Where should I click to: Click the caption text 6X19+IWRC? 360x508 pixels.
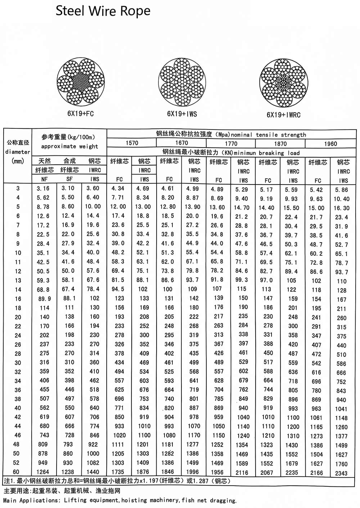[x=283, y=115]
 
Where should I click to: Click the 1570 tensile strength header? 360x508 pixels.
[x=132, y=143]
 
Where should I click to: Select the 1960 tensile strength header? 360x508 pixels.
[x=330, y=144]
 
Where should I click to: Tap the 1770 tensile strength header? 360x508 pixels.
[x=231, y=144]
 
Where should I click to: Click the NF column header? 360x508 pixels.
[x=44, y=179]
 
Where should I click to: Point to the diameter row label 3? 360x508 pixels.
[x=18, y=188]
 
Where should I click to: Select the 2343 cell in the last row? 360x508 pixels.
[x=341, y=473]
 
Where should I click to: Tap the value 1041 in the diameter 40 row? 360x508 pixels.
[x=341, y=409]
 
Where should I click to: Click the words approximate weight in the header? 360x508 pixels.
[x=69, y=146]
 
